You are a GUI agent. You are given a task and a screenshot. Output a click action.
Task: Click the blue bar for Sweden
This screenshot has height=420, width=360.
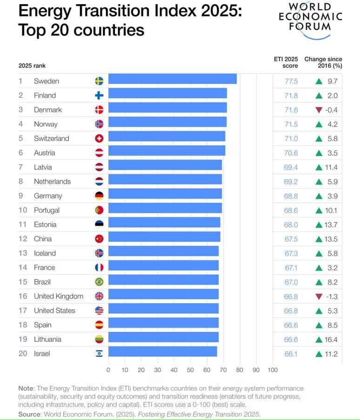tap(172, 81)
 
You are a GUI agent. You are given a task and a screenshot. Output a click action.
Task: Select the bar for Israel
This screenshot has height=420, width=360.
tap(162, 353)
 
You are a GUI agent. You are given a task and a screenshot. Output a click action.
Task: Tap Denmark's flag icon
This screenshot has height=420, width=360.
tap(99, 110)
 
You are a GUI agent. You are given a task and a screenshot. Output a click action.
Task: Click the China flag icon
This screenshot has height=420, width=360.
tap(99, 239)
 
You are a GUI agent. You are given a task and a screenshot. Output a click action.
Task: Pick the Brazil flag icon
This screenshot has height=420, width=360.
tap(99, 282)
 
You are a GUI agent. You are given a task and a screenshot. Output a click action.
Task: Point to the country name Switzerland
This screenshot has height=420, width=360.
tap(51, 139)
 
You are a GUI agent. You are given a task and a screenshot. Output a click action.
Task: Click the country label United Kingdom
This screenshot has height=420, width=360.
tap(58, 296)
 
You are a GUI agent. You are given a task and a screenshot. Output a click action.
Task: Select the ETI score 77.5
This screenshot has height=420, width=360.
tap(291, 81)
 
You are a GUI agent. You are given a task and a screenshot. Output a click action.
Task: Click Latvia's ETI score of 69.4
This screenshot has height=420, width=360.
tap(291, 167)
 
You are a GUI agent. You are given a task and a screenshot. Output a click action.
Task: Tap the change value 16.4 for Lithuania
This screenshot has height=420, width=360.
tap(331, 340)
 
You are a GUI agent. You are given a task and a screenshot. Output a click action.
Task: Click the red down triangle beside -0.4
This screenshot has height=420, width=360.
tap(319, 110)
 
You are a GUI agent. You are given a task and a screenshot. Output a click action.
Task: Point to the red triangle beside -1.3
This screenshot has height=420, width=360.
tap(319, 297)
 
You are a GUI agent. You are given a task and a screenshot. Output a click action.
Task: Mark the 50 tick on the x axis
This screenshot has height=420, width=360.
tap(190, 370)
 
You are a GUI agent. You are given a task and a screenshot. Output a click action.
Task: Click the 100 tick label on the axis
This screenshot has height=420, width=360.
tap(272, 370)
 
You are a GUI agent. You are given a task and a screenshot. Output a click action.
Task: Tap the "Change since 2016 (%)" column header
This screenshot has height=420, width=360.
tap(323, 62)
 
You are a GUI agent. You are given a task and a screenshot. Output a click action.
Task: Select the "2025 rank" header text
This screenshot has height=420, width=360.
tap(32, 66)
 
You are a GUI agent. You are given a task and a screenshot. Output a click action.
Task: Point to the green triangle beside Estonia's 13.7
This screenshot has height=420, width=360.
tap(319, 225)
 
